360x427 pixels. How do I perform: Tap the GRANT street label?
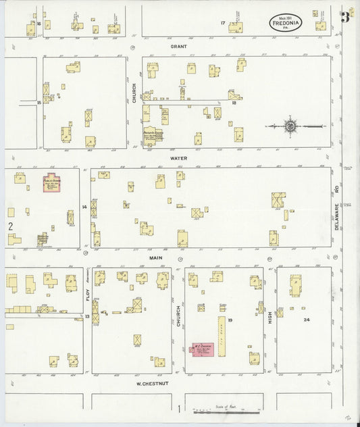point(178,46)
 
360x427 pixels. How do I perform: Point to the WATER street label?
point(178,157)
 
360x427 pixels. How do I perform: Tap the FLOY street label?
point(87,293)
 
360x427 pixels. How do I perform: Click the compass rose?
point(290,126)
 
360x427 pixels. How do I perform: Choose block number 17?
point(222,24)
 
